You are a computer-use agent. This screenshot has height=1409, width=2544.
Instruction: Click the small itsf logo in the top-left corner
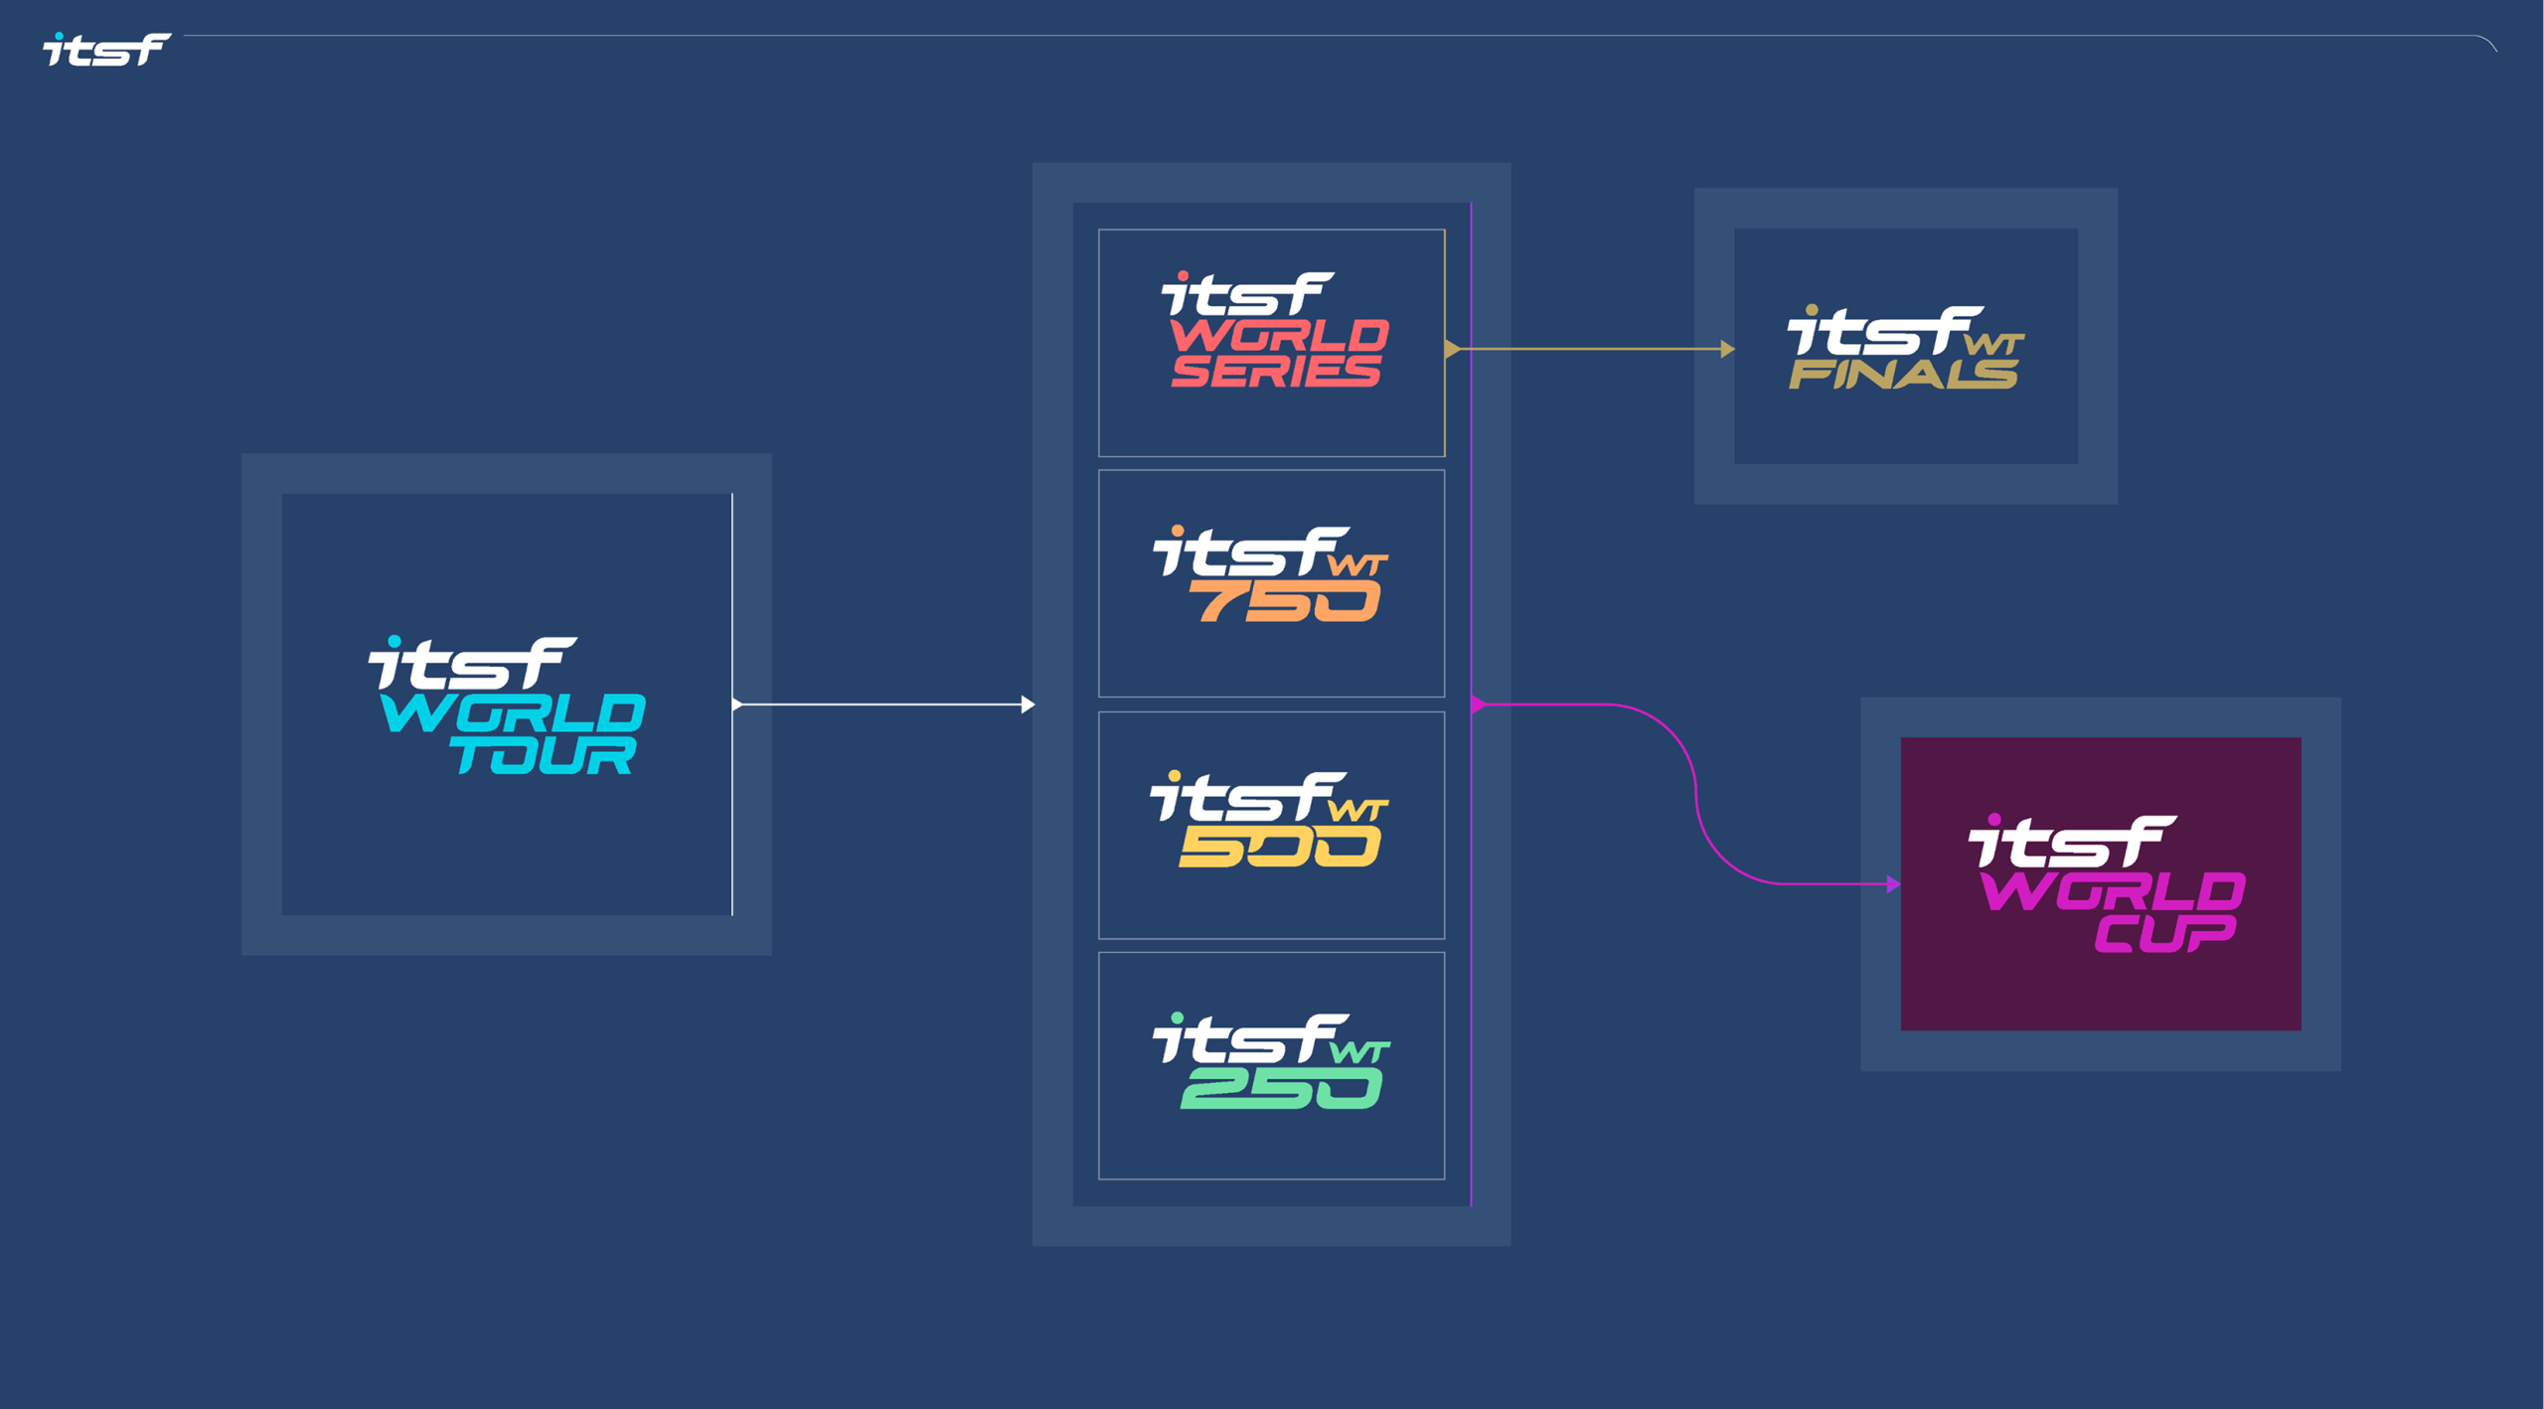tap(106, 49)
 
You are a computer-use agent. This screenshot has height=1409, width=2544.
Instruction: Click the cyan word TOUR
tap(544, 755)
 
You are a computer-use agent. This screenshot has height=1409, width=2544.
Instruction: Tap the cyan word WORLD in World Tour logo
tap(513, 713)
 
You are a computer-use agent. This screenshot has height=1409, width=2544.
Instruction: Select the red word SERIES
tap(1276, 371)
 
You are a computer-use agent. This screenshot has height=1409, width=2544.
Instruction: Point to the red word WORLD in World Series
tap(1279, 336)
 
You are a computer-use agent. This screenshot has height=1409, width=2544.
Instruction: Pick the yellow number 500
tap(1280, 848)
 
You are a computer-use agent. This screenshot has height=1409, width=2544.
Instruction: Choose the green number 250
tap(1281, 1089)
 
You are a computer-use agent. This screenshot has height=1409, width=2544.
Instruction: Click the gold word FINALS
tap(1903, 374)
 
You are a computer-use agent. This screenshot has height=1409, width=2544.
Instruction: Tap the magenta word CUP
tap(2166, 933)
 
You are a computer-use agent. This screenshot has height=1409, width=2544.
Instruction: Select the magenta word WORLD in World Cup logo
tap(2113, 891)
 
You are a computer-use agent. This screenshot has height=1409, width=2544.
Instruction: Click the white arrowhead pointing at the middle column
tap(1028, 704)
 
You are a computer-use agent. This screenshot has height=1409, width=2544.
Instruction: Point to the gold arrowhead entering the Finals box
tap(1727, 349)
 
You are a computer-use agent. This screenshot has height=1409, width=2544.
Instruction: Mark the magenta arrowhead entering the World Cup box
tap(1893, 883)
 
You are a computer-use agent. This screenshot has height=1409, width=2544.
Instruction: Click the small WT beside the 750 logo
tap(1358, 565)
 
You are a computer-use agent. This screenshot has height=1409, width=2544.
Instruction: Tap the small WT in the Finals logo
tap(1994, 344)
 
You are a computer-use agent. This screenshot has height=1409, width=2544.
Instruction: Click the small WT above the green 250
tap(1359, 1051)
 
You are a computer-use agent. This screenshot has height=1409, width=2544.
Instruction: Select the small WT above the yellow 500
tap(1358, 810)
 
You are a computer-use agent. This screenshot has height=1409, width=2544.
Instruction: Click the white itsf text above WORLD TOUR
tap(472, 663)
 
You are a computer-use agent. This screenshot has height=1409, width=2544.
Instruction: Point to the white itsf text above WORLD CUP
tap(2072, 842)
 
